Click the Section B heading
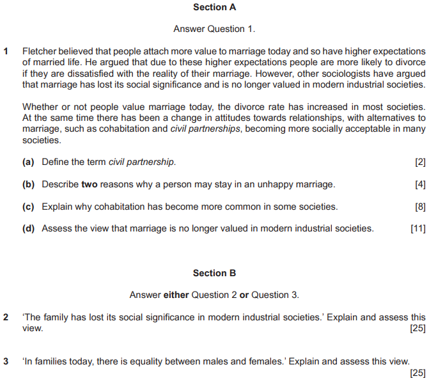(x=214, y=273)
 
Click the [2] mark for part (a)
(x=420, y=162)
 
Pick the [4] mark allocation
(x=420, y=184)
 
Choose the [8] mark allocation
(x=420, y=207)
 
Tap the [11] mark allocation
(x=418, y=228)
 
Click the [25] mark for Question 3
(x=417, y=373)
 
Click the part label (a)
(x=29, y=162)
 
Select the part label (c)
(x=29, y=207)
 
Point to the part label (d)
(x=29, y=228)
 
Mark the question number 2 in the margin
(x=6, y=317)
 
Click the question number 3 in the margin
(x=6, y=361)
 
